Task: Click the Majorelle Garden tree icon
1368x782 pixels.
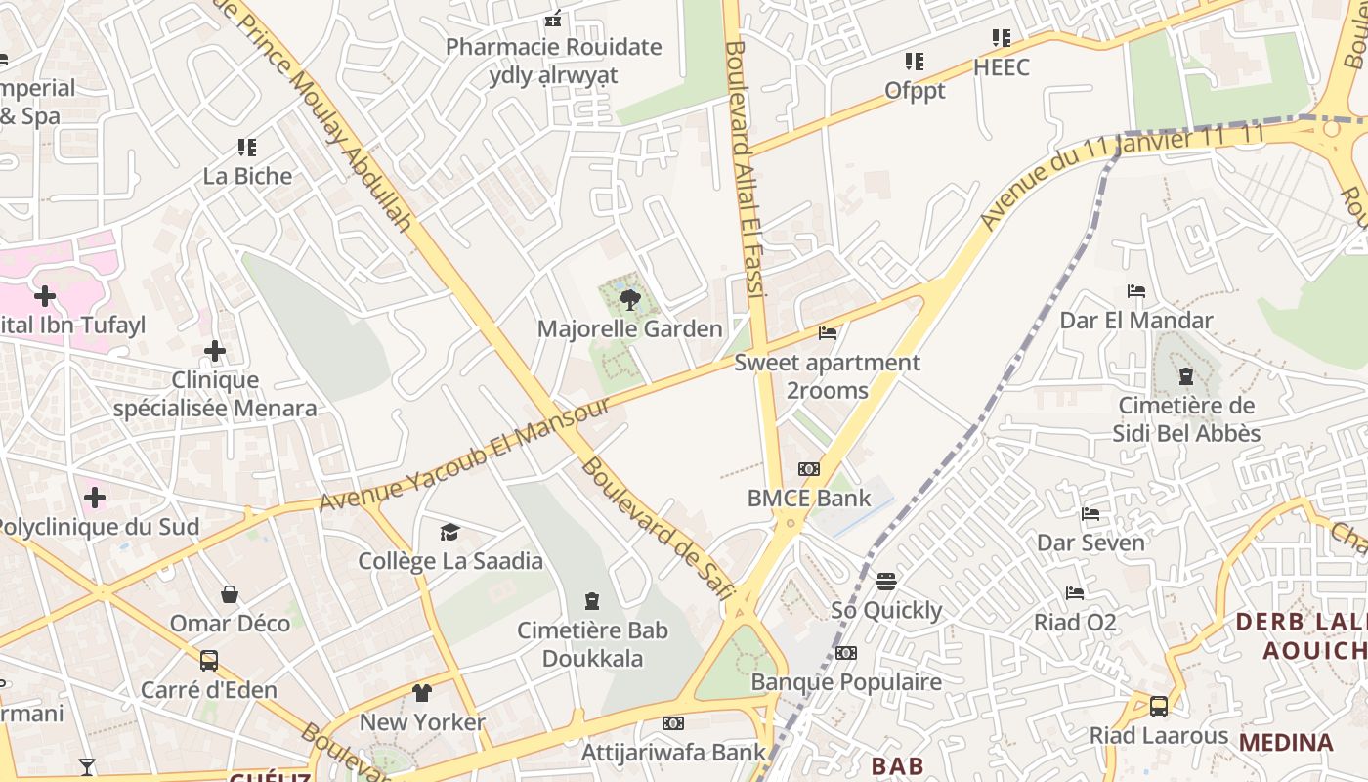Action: click(x=630, y=300)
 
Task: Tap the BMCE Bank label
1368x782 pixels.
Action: click(x=808, y=499)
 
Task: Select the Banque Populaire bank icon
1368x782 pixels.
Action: click(x=846, y=653)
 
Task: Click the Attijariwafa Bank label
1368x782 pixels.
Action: click(x=673, y=752)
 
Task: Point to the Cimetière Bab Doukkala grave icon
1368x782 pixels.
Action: click(x=591, y=600)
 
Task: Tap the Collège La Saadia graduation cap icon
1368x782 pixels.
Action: click(x=449, y=532)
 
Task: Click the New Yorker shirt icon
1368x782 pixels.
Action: click(x=422, y=693)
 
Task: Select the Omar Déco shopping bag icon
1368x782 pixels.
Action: click(x=230, y=594)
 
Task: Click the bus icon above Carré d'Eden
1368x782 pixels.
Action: click(x=209, y=660)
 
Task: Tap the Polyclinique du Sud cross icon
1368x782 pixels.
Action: click(x=95, y=498)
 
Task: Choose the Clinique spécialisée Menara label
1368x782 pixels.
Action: click(x=215, y=394)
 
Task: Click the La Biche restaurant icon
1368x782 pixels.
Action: click(x=247, y=148)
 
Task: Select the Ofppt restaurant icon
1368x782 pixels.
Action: click(x=915, y=62)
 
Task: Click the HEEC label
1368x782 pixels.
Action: click(x=1002, y=67)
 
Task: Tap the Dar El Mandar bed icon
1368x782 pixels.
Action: click(x=1136, y=291)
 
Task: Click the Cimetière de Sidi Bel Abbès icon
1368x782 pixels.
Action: click(x=1186, y=376)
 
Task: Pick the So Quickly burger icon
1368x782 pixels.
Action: click(x=886, y=582)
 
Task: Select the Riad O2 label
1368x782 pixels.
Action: click(x=1075, y=622)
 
